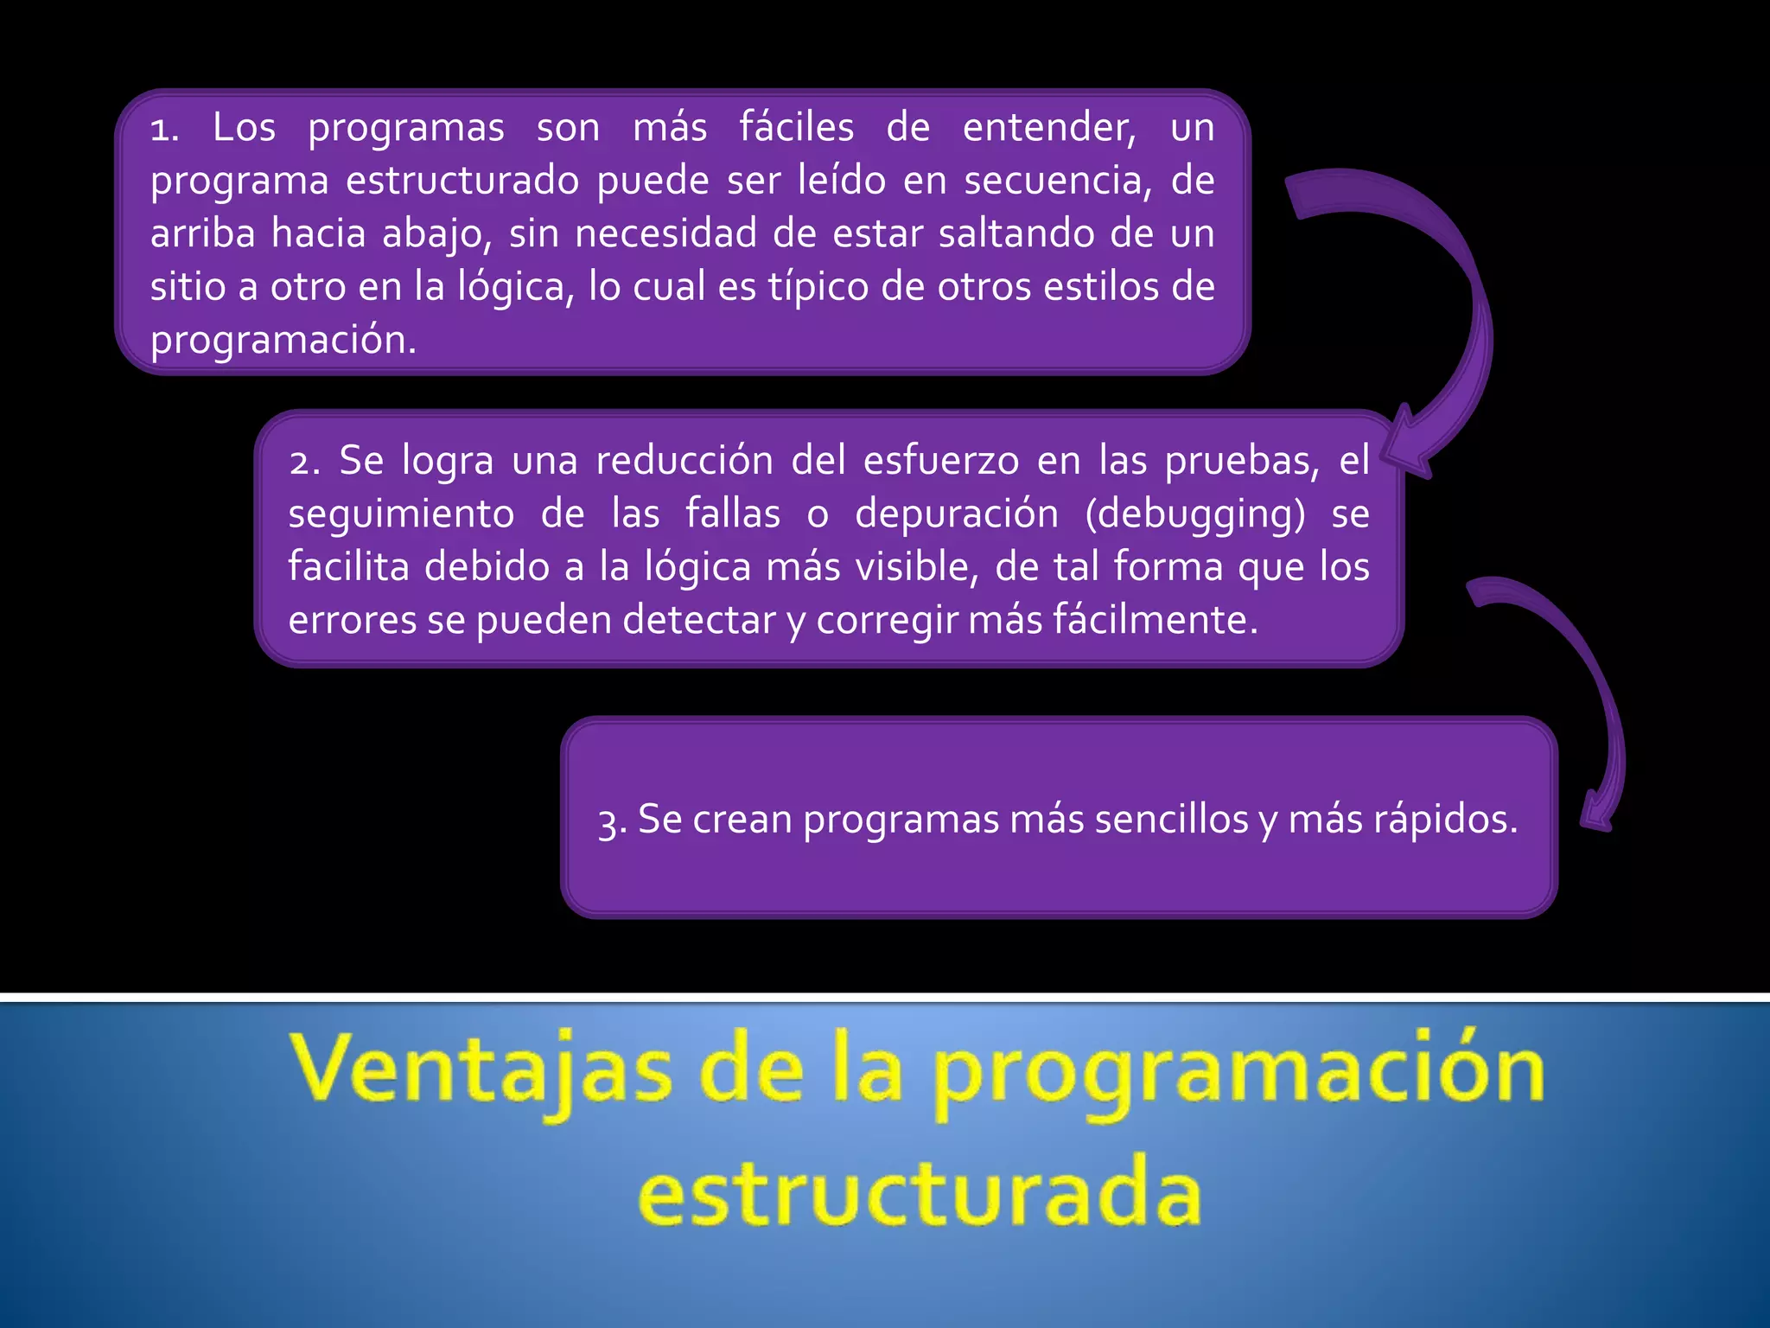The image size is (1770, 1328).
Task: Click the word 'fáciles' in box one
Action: (x=796, y=128)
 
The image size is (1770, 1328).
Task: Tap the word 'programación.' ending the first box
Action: (x=283, y=341)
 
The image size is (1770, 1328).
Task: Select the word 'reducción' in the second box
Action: (x=684, y=461)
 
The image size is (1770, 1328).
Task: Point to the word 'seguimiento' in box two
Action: (x=401, y=514)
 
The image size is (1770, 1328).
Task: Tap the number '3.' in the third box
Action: (x=612, y=822)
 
